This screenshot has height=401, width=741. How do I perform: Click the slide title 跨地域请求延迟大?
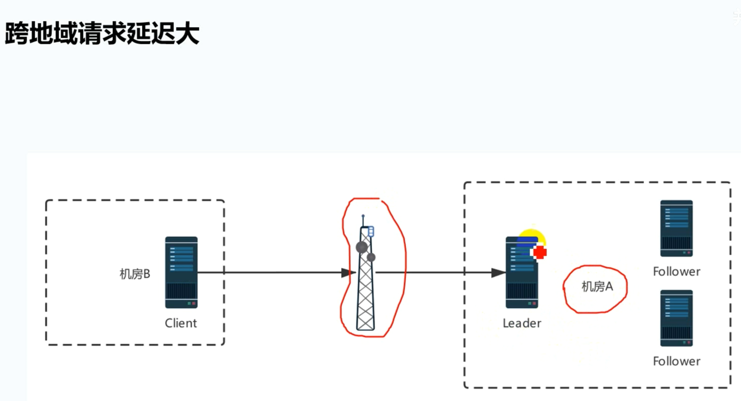(102, 34)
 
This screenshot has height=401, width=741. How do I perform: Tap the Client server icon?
(181, 272)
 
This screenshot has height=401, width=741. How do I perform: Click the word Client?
(181, 323)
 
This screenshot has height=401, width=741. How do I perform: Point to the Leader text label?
(521, 323)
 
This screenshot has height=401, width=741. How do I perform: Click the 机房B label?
(135, 274)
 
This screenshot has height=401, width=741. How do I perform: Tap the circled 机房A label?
(597, 287)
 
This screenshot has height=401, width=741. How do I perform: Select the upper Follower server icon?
(676, 228)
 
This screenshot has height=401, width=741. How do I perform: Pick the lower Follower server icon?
(676, 318)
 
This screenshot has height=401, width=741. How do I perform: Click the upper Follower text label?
(676, 272)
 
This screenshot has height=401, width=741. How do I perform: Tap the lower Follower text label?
(676, 361)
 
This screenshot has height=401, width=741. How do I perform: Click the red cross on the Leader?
(540, 252)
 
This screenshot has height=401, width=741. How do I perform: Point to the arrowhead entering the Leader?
(499, 272)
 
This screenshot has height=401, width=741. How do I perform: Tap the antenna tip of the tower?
(363, 216)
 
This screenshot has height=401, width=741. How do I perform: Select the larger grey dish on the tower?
(362, 247)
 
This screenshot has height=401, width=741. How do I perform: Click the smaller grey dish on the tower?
(371, 257)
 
